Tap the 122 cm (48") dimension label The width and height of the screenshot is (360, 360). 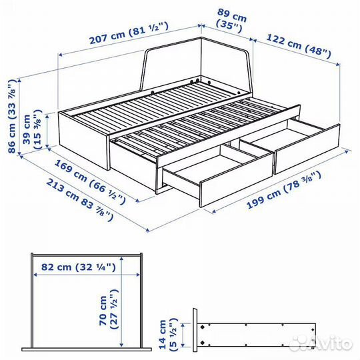coord(299,45)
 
